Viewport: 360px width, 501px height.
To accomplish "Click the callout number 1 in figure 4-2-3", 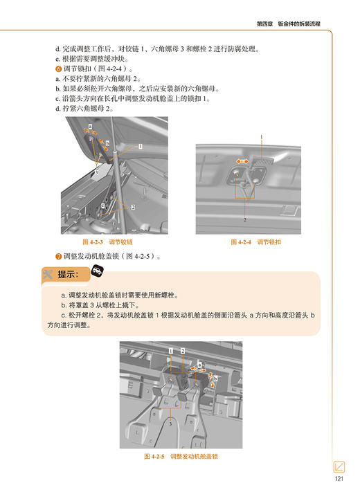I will coord(140,147).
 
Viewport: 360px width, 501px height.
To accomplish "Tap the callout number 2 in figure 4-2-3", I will coord(132,207).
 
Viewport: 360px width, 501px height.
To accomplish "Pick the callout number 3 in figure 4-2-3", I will coord(96,172).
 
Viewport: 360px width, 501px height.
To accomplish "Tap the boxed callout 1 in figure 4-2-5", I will coord(170,352).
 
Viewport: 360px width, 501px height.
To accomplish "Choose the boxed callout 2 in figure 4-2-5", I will coord(183,352).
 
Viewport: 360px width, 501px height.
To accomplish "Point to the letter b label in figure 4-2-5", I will coord(216,379).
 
